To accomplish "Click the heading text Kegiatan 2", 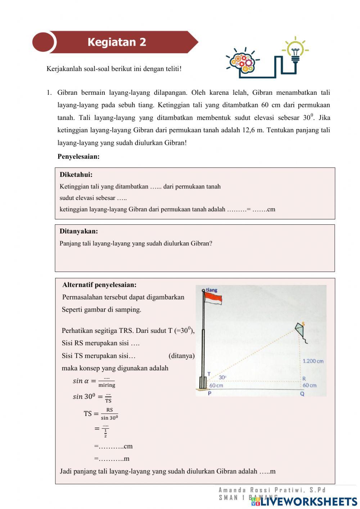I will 117,42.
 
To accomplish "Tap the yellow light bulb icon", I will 295,50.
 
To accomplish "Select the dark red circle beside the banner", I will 43,42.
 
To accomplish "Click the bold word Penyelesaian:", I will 78,156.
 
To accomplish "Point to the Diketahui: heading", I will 76,175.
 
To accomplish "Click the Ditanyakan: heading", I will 78,231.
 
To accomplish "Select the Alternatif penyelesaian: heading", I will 99,285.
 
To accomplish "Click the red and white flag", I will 213,298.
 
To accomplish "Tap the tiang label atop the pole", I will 212,290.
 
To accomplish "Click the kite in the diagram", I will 301,330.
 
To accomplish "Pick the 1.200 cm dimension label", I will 313,361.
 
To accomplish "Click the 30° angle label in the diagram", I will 222,377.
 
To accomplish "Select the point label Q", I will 302,394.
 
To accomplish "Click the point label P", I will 210,393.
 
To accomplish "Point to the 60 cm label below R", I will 309,385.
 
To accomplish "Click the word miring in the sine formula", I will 107,385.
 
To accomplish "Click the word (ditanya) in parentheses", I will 181,356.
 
